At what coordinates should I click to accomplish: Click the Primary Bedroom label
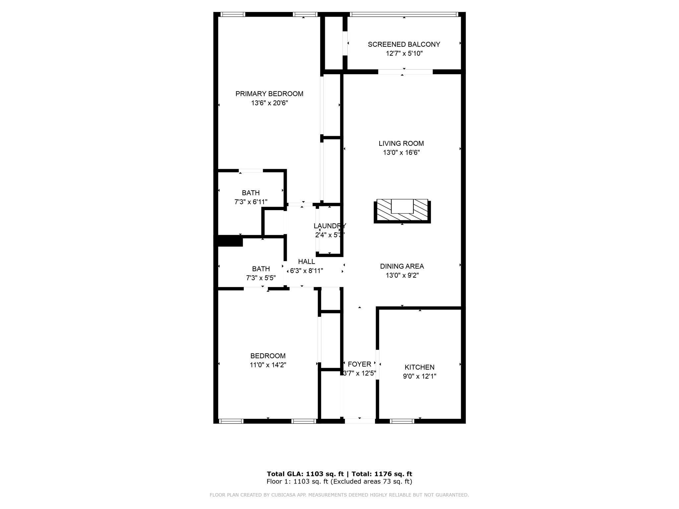(269, 94)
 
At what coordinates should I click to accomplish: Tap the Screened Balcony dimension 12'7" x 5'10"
(404, 53)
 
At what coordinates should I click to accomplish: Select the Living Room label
(401, 143)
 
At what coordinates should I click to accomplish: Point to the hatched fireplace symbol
(402, 211)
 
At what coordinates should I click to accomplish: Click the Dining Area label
(402, 266)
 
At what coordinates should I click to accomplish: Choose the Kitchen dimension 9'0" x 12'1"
(419, 376)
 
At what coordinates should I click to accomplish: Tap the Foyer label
(359, 364)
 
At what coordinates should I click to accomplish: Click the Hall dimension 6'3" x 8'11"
(306, 271)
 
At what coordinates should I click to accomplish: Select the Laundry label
(330, 226)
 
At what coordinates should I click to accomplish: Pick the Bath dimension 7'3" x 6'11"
(251, 202)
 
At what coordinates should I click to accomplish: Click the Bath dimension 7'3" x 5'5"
(261, 278)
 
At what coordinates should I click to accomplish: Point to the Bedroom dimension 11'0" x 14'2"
(268, 365)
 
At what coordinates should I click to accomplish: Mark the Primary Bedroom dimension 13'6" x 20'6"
(269, 103)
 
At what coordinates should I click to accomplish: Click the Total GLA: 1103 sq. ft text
(305, 474)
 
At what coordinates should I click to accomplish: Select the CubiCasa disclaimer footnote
(339, 495)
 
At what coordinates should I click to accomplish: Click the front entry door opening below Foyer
(360, 421)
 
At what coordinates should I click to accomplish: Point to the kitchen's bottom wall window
(402, 421)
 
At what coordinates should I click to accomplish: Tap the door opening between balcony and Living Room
(405, 72)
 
